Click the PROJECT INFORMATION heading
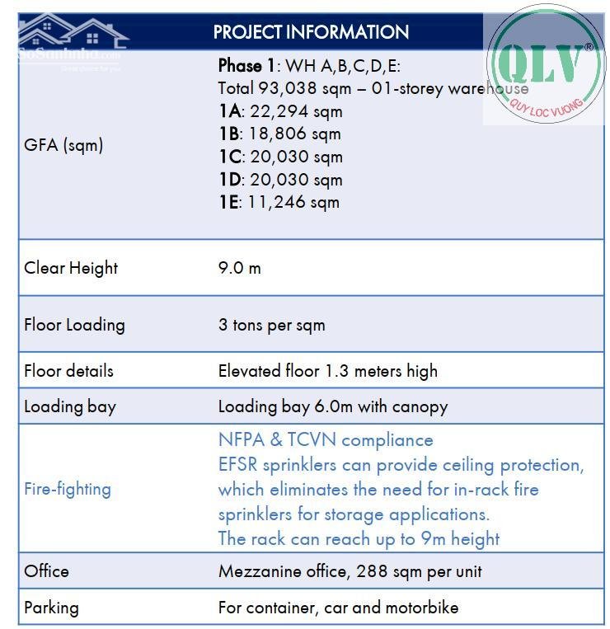pos(311,32)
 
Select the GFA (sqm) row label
pos(63,145)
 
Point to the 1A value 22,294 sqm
pos(280,111)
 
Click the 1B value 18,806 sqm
pos(279,134)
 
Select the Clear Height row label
pos(71,268)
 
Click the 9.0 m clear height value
pos(239,268)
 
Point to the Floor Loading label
pos(74,325)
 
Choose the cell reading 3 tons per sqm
pos(271,325)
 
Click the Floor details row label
pos(68,371)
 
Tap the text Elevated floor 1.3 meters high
pos(327,371)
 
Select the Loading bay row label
pos(70,406)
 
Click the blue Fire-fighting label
pos(67,489)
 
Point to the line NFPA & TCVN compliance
pos(325,440)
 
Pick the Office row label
pos(46,570)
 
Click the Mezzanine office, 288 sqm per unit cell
pos(350,570)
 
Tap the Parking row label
pos(51,608)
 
